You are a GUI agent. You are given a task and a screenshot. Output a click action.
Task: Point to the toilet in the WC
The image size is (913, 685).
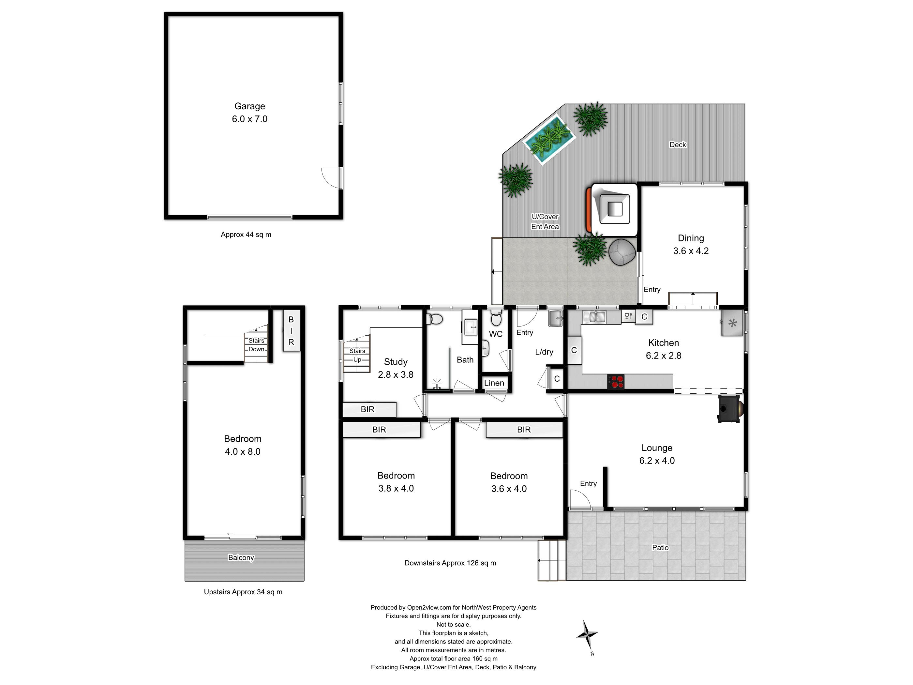[496, 319]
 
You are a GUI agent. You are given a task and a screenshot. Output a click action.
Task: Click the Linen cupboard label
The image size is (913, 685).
[494, 383]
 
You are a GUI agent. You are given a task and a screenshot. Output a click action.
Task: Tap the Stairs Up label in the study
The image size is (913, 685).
[357, 355]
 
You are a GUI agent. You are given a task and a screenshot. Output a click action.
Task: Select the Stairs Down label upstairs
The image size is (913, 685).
[256, 345]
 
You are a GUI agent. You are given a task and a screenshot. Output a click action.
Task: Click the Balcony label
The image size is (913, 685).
[241, 558]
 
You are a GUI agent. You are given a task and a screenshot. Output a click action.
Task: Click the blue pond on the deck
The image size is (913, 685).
[549, 140]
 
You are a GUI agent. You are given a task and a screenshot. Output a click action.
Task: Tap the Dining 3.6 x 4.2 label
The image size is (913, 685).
[691, 244]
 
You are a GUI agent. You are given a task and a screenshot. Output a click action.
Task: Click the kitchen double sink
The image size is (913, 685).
[594, 317]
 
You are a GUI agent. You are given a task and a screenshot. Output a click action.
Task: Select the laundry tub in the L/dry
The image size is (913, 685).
[556, 318]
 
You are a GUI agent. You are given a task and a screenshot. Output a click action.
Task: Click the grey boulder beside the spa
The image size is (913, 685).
[621, 252]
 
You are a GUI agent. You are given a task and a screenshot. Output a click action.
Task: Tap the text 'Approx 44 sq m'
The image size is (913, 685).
[246, 235]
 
